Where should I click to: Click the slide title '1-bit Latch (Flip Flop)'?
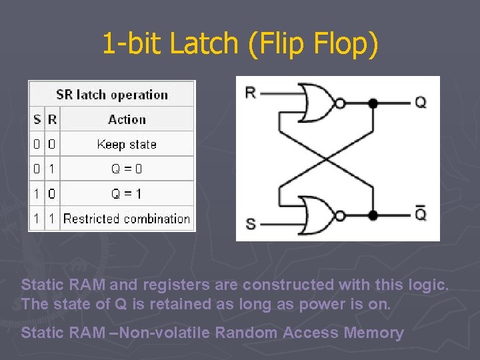coord(240,44)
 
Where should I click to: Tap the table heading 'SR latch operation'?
coord(111,95)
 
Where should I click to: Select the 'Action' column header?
coord(127,120)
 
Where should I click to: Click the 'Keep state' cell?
coord(127,144)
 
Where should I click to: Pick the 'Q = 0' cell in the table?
coord(127,169)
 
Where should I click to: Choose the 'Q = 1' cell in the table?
coord(127,194)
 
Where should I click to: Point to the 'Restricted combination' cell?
coord(127,219)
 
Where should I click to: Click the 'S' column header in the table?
coord(37,120)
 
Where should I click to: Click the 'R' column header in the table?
coord(52,120)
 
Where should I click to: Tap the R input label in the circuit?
coord(251,93)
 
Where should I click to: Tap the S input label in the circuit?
coord(251,223)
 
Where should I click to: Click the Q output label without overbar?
coord(421,103)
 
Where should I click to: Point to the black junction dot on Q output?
coord(373,103)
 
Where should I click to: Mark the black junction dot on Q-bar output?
coord(373,215)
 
